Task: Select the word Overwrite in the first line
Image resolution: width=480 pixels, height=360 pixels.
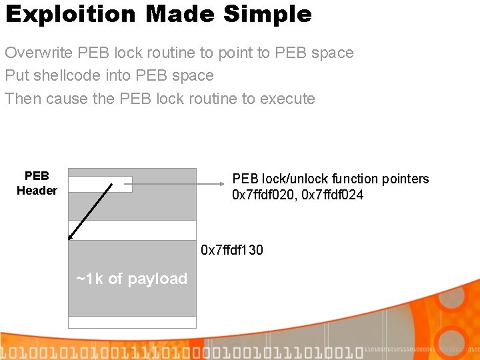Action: [39, 53]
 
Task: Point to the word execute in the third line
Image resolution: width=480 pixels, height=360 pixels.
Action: [287, 99]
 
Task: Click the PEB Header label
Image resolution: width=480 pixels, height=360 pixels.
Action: [37, 183]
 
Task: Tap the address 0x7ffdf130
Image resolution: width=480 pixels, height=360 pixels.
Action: [232, 250]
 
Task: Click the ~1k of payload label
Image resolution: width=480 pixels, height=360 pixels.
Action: [132, 279]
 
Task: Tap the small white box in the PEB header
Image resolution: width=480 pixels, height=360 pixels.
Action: [100, 184]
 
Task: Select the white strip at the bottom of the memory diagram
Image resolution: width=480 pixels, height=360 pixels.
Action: [132, 322]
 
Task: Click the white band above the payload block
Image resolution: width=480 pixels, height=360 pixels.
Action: [132, 230]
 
